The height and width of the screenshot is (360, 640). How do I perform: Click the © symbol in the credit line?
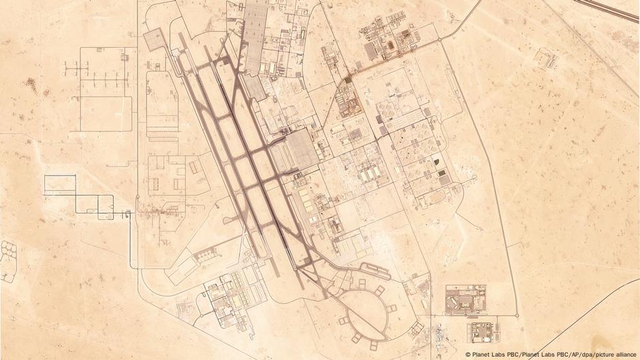coord(468,354)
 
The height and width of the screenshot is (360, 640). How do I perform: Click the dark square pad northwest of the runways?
coord(153,41)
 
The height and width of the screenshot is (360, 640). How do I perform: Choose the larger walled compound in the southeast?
coord(465,300)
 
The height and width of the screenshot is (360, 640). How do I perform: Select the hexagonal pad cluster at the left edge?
coord(9,259)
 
